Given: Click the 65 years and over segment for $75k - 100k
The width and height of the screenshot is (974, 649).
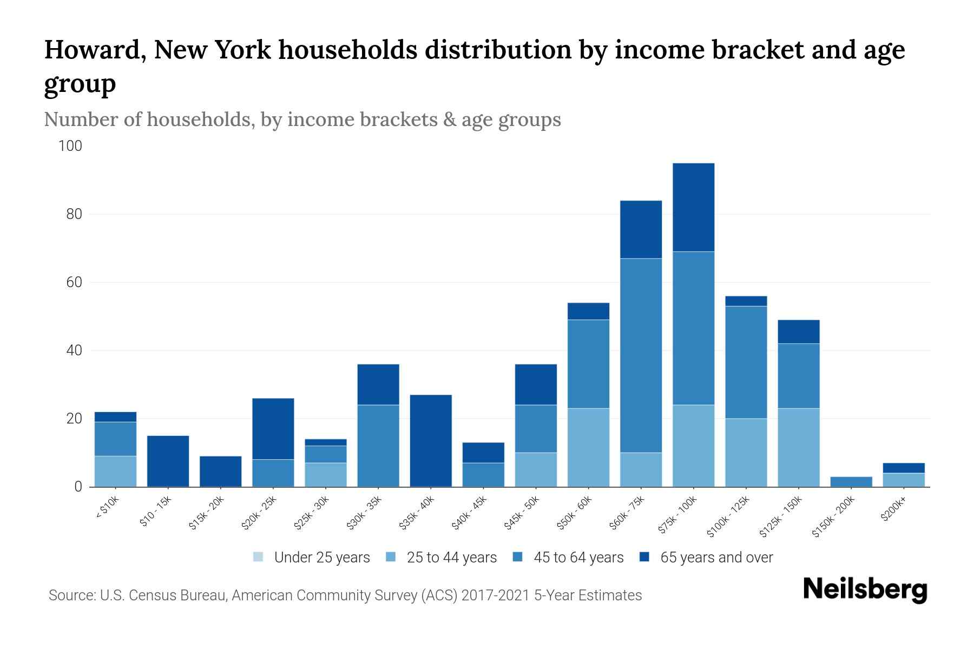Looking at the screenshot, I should click(693, 207).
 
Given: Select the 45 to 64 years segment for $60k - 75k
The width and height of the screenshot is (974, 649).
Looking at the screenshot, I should click(641, 355).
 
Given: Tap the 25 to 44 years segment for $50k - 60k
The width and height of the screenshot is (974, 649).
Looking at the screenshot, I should click(588, 447).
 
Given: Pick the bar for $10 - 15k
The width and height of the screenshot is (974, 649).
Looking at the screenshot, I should click(168, 461).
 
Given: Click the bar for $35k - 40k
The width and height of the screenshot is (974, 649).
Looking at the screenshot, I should click(431, 441).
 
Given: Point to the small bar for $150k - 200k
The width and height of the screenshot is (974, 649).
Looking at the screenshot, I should click(851, 481).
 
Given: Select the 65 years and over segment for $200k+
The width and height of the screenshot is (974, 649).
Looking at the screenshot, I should click(904, 468).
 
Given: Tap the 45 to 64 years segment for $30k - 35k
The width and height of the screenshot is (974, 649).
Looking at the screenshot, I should click(378, 446).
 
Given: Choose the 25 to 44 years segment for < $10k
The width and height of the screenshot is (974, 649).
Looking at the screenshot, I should click(115, 471).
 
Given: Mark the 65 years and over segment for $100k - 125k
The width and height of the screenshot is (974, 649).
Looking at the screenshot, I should click(746, 301).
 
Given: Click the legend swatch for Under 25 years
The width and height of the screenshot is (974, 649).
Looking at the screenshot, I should click(258, 557).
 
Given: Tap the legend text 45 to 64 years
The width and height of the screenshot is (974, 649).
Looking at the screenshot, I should click(578, 557).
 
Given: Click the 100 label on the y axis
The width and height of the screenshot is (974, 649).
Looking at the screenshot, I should click(70, 146).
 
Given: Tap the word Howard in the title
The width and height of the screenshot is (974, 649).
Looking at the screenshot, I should click(92, 50).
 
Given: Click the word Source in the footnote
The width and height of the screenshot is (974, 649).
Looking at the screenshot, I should click(70, 595).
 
